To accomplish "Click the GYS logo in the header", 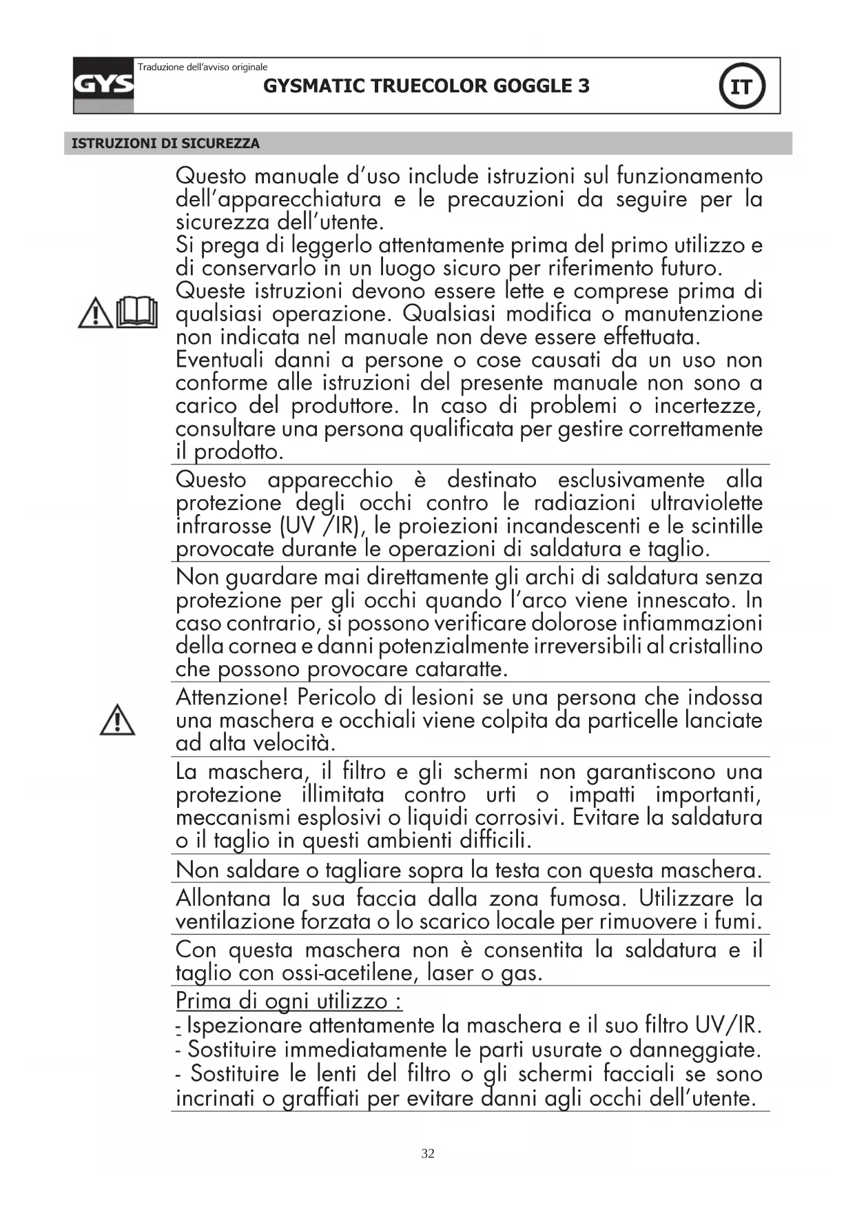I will click(103, 85).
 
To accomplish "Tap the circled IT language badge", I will click(741, 87).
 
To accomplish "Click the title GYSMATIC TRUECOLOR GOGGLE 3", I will click(426, 86).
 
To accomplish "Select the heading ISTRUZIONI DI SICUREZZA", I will click(165, 143).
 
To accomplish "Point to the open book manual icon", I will click(136, 312).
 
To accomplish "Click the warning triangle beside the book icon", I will click(96, 313).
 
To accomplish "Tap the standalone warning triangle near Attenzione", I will click(117, 720).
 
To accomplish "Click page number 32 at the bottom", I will click(428, 1154).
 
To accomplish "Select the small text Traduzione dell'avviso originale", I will click(203, 67).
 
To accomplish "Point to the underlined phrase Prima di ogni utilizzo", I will click(289, 1000).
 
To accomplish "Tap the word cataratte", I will click(461, 669).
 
